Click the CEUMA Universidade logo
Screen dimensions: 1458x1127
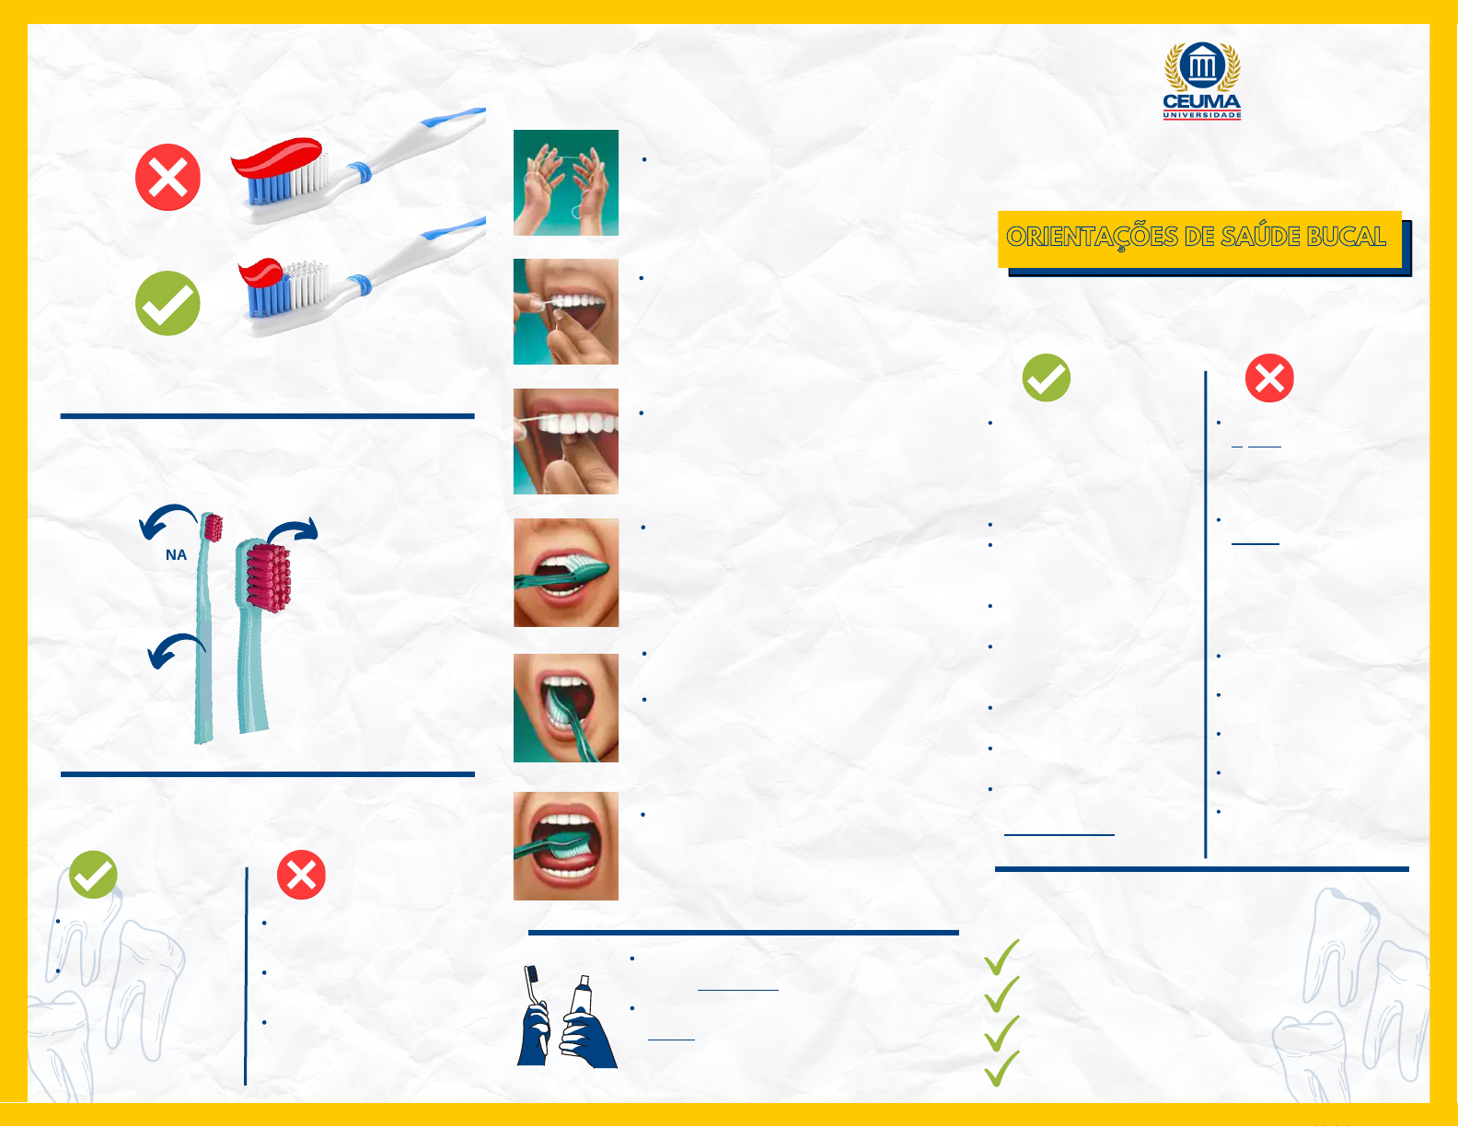1202,81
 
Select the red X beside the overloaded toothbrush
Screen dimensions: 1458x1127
168,177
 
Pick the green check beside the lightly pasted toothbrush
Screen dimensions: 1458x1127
168,303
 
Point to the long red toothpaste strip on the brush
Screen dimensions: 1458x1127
276,157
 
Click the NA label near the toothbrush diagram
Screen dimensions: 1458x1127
176,554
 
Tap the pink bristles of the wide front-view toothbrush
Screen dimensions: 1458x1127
269,576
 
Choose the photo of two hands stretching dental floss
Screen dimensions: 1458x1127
565,182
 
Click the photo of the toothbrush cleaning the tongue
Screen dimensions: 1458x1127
565,845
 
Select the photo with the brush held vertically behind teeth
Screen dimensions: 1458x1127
565,707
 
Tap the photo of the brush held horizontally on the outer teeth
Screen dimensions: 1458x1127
565,572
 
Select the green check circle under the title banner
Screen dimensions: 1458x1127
1047,378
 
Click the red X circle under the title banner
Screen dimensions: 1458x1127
1269,378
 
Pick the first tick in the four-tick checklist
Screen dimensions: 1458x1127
1001,958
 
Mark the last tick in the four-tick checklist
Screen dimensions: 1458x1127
1001,1068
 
